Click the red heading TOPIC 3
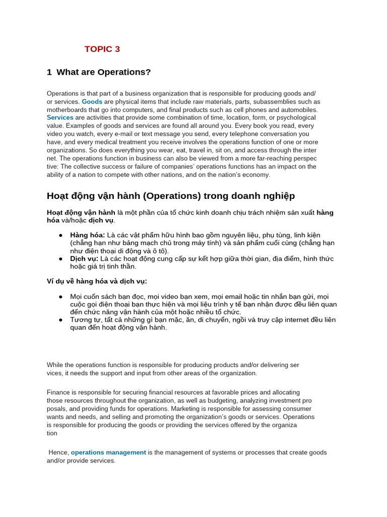[102, 49]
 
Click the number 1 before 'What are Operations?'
[49, 72]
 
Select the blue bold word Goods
[92, 101]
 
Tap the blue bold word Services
[60, 118]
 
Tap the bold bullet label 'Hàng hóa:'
[88, 235]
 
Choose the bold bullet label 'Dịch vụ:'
[84, 259]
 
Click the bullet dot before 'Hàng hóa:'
[60, 235]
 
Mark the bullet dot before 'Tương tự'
[60, 320]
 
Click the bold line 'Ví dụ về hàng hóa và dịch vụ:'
[97, 281]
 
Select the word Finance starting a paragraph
[59, 392]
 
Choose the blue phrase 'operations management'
[108, 452]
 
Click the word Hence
[58, 452]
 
